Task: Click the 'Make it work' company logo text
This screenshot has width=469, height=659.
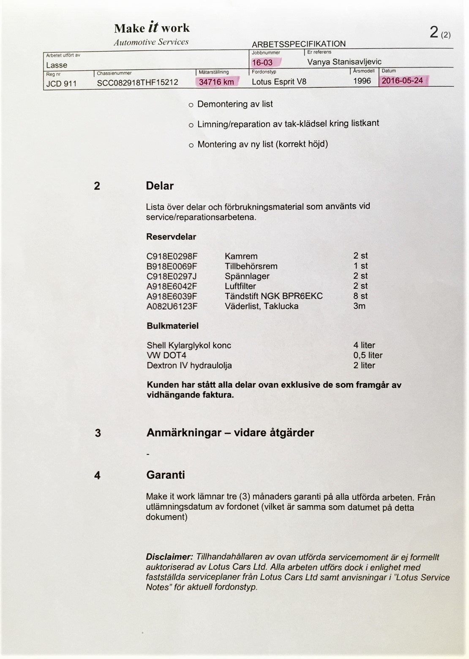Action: pos(152,28)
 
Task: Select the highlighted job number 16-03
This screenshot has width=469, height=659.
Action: pos(262,63)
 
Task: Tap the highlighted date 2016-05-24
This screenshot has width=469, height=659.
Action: pos(402,80)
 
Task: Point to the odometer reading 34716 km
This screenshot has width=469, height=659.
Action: pos(216,82)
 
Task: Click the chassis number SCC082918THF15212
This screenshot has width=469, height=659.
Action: pos(137,82)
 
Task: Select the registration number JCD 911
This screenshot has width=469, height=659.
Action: pos(61,83)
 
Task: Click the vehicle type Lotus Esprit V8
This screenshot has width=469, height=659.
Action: pos(279,82)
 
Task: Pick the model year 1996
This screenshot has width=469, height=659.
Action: pos(362,81)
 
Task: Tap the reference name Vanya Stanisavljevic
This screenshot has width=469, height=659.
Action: pos(344,62)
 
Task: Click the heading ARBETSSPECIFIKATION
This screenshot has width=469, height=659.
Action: pos(299,44)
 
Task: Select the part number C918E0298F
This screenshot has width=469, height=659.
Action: pos(172,256)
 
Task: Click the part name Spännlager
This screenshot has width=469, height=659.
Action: pos(247,276)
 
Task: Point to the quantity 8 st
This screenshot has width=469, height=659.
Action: pos(360,296)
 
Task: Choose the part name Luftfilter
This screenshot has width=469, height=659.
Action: pos(240,286)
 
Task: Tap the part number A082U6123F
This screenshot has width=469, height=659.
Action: pos(172,306)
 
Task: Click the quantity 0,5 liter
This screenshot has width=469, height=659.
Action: pos(368,355)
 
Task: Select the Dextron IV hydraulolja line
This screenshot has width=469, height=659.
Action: pos(189,365)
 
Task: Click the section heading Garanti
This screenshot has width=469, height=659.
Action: pos(166,475)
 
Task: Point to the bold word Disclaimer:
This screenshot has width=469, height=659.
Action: pos(169,557)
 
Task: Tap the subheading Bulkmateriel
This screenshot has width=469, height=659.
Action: pos(172,326)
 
